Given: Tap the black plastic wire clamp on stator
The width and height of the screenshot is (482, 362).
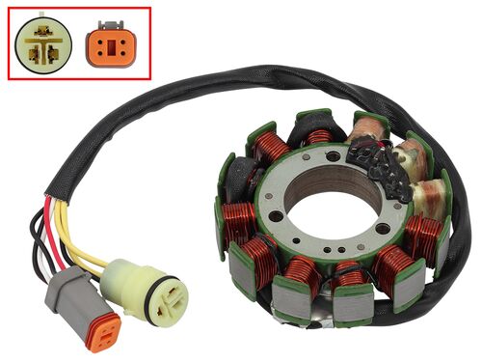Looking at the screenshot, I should (x=377, y=165).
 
